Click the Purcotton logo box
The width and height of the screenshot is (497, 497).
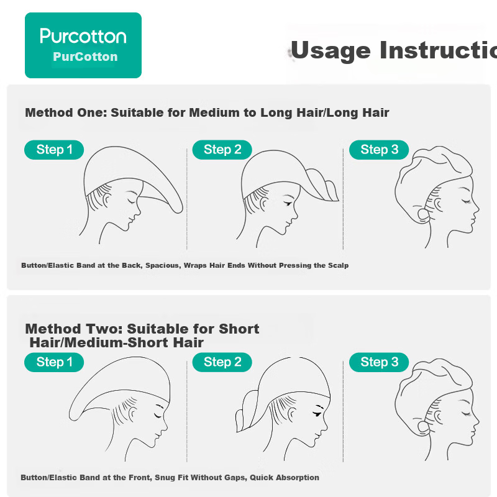click(83, 45)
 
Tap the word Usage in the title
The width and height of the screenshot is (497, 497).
click(331, 51)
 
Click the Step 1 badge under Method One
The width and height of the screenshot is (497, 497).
click(54, 150)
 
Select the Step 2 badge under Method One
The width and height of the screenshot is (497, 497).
click(222, 150)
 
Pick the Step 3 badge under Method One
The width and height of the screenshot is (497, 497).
click(379, 150)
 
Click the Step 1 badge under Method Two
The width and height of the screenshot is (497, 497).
click(54, 362)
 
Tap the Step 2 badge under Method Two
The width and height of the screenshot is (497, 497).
click(222, 362)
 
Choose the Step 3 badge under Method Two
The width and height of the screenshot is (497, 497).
click(379, 362)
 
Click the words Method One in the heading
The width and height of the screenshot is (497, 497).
click(66, 112)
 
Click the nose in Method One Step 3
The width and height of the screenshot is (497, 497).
click(476, 209)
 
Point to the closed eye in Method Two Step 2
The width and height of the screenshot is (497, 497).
click(317, 414)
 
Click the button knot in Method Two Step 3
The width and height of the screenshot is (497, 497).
click(424, 428)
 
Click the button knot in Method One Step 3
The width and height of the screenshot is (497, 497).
click(424, 215)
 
